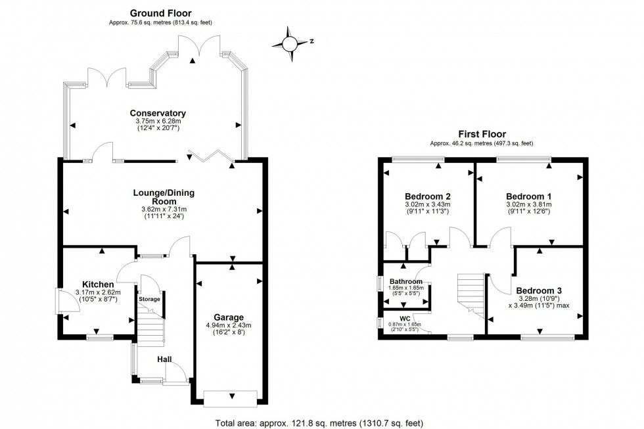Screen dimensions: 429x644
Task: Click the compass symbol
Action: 290,43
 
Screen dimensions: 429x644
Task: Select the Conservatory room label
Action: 158,113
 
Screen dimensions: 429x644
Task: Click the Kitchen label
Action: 93,284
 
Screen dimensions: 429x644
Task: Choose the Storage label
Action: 149,300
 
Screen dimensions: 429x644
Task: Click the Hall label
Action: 164,359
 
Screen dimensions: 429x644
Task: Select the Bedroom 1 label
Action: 528,196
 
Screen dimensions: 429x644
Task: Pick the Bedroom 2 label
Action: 427,196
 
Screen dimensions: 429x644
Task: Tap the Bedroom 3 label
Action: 538,290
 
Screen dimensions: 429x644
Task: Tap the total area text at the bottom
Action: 322,422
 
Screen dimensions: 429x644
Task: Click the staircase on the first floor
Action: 471,293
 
